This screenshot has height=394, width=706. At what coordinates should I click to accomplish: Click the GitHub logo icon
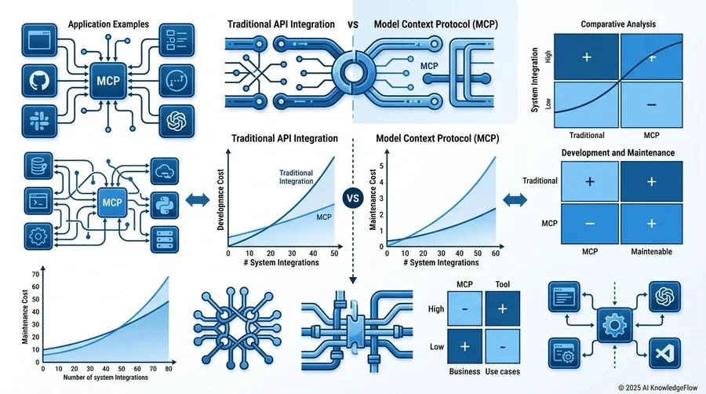click(x=40, y=81)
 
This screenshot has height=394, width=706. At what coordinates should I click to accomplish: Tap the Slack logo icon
click(x=40, y=121)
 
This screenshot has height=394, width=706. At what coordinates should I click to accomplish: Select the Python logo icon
click(x=165, y=206)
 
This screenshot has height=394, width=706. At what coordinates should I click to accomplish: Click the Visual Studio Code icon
click(x=664, y=353)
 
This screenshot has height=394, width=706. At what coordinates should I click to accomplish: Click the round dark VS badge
click(x=353, y=198)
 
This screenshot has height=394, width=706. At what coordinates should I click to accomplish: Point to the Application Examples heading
click(x=108, y=24)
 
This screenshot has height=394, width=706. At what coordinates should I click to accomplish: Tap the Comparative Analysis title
click(x=618, y=24)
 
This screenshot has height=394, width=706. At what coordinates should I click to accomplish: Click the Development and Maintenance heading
click(x=618, y=152)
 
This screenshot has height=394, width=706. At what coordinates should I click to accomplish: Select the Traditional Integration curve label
click(x=296, y=177)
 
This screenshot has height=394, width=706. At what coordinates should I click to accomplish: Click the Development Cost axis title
click(x=220, y=199)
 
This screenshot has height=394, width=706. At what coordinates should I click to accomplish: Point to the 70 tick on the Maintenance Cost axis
click(x=35, y=274)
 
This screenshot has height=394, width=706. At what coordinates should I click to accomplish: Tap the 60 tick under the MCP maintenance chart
click(x=495, y=254)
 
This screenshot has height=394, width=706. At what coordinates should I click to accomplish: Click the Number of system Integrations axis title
click(x=106, y=378)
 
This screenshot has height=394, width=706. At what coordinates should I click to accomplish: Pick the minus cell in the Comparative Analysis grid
click(x=652, y=105)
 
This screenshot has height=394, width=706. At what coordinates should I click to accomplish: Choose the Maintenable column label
click(x=652, y=252)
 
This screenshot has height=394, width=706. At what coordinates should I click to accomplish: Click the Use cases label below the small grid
click(x=503, y=371)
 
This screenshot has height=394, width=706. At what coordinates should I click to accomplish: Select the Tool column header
click(x=503, y=284)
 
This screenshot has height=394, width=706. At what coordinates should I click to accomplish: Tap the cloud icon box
click(x=165, y=171)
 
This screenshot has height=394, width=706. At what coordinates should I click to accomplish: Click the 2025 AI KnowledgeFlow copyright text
click(x=658, y=387)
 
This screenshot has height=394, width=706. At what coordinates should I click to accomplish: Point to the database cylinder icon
click(x=38, y=166)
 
